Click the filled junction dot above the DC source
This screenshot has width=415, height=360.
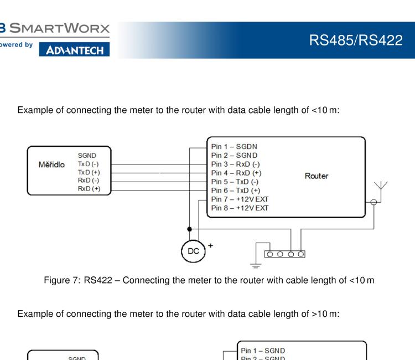click(x=190, y=228)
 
